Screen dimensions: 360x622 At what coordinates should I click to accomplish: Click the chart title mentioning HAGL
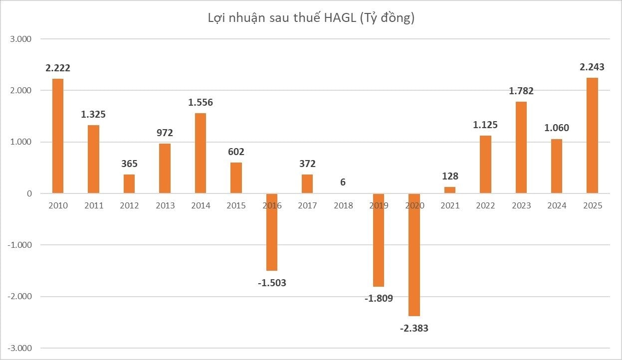tap(311, 18)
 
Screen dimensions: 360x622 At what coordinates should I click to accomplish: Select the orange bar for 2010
tap(58, 136)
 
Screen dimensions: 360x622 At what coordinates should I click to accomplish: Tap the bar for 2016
tap(272, 232)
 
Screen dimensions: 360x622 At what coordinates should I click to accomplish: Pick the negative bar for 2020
tap(414, 254)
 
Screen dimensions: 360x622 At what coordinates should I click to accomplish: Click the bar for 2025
tap(592, 135)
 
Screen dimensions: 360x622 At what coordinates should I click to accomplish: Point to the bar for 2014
tap(201, 153)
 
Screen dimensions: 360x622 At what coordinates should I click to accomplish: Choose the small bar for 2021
tap(450, 190)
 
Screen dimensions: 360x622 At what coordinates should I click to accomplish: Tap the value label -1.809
tap(378, 299)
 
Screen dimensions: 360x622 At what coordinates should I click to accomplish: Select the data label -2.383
tap(414, 328)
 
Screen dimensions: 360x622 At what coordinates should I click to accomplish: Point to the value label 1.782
tap(521, 91)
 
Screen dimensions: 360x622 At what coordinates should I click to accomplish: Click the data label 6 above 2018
tap(343, 182)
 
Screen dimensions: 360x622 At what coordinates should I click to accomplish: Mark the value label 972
tap(165, 133)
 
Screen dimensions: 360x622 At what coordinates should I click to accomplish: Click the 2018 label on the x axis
tap(343, 205)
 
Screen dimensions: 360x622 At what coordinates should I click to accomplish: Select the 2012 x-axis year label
tap(129, 205)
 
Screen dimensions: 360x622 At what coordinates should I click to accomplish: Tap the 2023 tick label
tap(521, 205)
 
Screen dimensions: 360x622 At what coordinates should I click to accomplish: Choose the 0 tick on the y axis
tap(29, 193)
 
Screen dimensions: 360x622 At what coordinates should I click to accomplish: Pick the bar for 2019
tap(379, 240)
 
